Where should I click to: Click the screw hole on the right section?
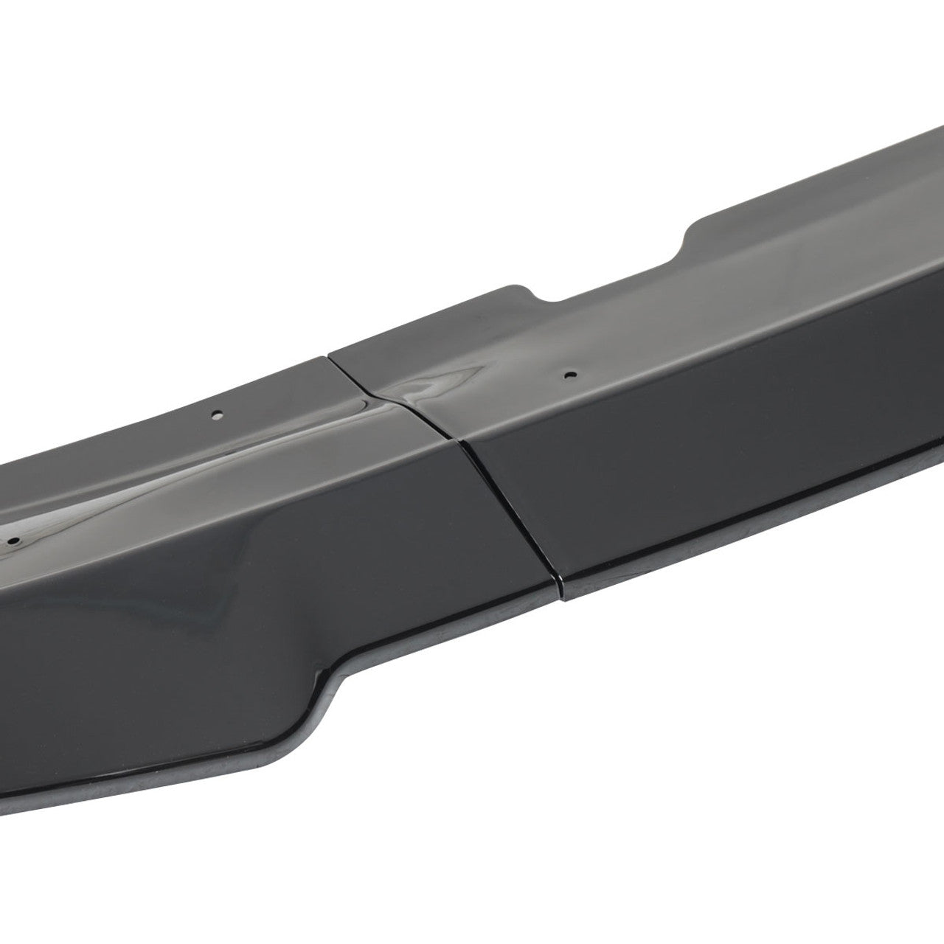(567, 375)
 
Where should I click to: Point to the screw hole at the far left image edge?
(13, 541)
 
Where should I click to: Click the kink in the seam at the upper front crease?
(459, 440)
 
